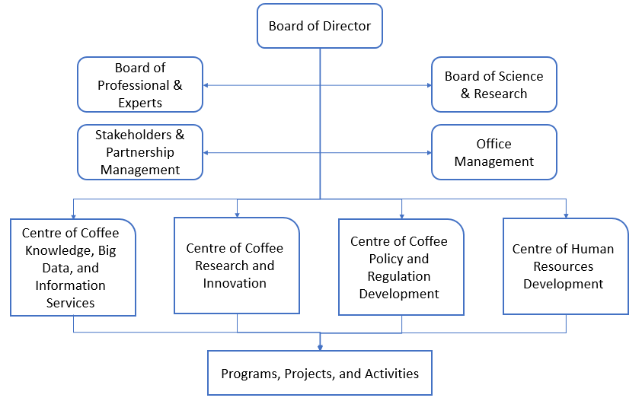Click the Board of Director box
tap(319, 26)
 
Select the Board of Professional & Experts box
tap(140, 84)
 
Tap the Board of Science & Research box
tap(493, 84)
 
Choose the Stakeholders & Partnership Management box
tap(140, 152)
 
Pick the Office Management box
tap(493, 152)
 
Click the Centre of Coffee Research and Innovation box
tap(236, 265)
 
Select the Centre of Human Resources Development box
tap(565, 266)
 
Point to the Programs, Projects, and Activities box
tap(319, 373)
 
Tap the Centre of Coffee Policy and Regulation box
tap(401, 267)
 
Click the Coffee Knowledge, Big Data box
tap(73, 267)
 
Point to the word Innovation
tap(234, 283)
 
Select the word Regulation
tap(399, 276)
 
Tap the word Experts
tap(140, 102)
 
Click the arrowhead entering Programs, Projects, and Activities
tap(320, 347)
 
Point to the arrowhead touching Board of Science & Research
tap(428, 85)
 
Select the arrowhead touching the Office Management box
tap(428, 153)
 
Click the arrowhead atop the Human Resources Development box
tap(566, 215)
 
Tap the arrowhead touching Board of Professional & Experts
tap(206, 85)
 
